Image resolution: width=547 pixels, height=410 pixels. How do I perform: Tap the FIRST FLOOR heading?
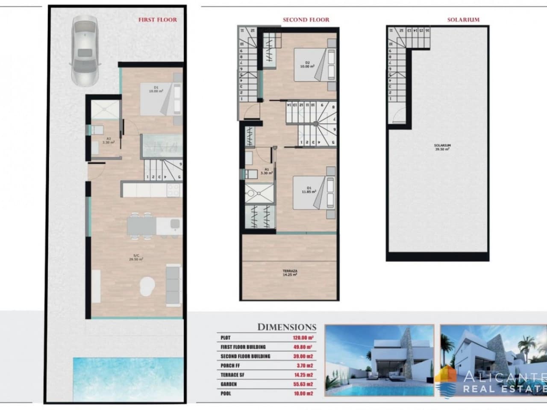(157, 20)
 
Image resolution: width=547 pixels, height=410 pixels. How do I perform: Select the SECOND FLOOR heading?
(306, 20)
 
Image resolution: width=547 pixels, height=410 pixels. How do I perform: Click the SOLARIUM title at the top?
(463, 20)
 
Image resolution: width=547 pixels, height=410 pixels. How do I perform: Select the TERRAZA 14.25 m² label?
(290, 273)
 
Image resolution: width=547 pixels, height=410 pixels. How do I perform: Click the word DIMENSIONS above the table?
(287, 328)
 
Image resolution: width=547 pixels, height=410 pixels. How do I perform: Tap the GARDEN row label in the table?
(229, 384)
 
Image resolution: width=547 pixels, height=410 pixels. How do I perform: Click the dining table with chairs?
(141, 225)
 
